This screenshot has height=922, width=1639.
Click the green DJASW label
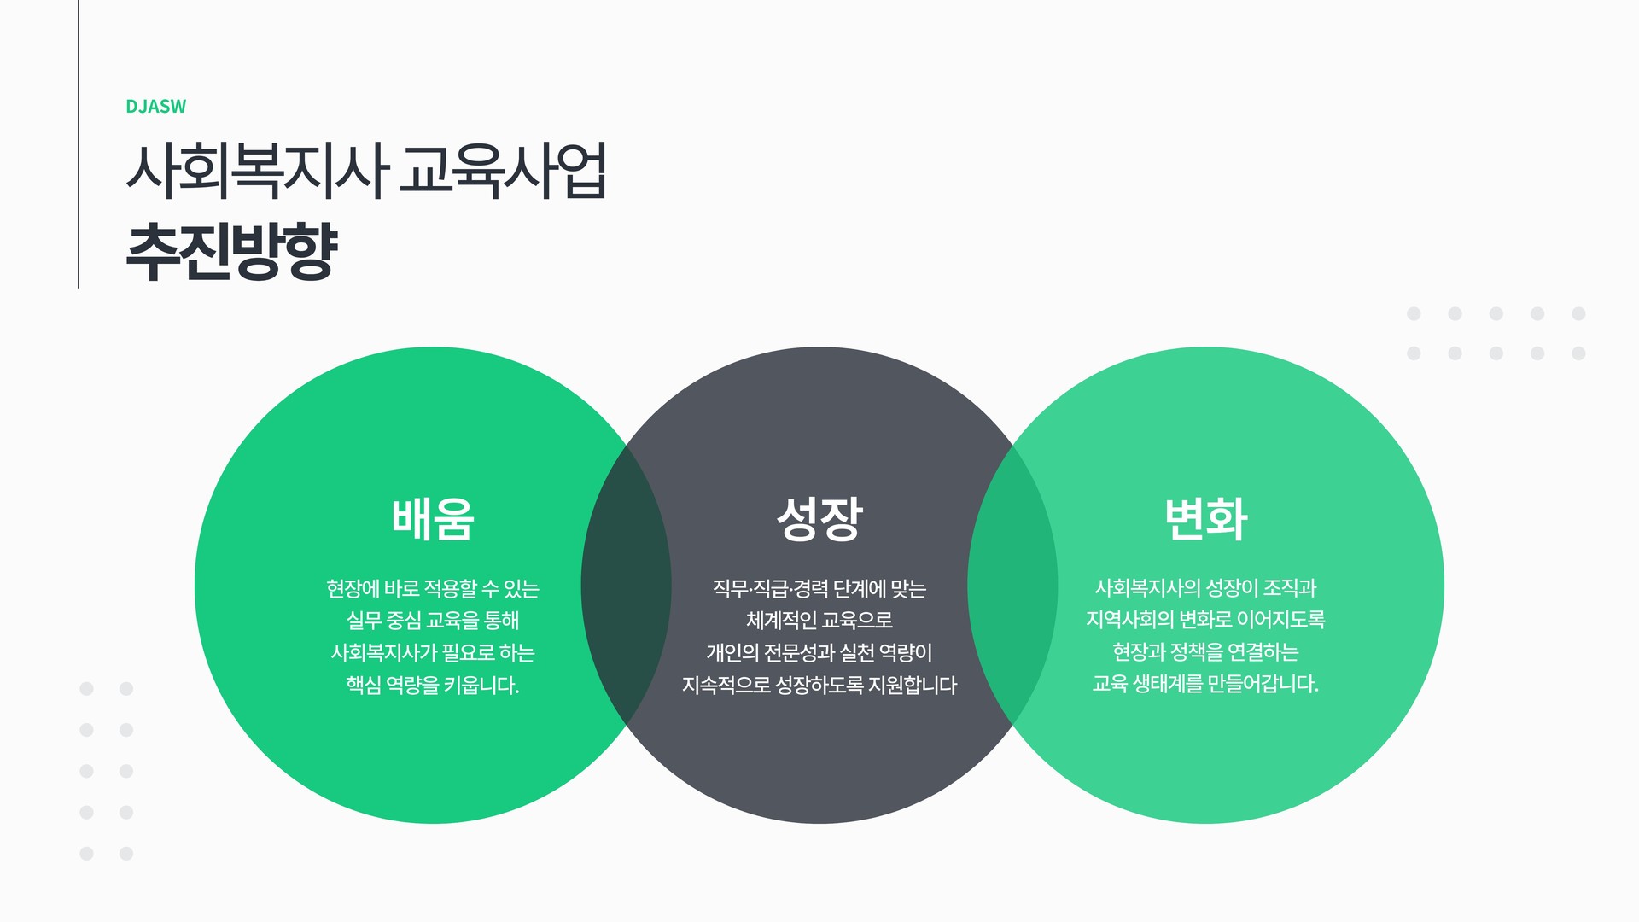coord(155,107)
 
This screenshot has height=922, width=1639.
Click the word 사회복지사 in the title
coord(257,171)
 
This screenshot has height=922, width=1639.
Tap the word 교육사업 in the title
coord(504,171)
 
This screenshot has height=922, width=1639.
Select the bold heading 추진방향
coord(232,252)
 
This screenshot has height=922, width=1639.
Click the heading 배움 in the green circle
coord(433,518)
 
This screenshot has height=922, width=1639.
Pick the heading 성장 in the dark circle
coord(819,518)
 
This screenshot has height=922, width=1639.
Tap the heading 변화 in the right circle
coord(1206,518)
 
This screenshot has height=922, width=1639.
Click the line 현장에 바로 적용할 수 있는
coord(433,588)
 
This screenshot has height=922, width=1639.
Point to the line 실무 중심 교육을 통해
coord(433,621)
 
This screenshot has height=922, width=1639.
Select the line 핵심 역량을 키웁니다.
coord(433,686)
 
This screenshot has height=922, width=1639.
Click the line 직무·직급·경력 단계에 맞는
coord(819,588)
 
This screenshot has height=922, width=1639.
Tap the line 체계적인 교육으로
coord(819,621)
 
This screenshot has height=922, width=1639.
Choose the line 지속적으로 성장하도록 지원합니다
coord(819,686)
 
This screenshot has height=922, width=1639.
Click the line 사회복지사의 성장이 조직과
coord(1205,588)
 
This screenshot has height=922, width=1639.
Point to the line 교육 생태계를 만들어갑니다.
coord(1205,684)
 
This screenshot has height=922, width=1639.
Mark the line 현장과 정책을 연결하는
coord(1205,652)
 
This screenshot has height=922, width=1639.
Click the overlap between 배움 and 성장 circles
coord(626,586)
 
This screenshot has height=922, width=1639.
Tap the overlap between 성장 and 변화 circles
coord(1012,586)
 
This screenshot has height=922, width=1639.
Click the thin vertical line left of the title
coord(79,143)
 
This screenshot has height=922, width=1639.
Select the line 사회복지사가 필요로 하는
coord(433,653)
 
